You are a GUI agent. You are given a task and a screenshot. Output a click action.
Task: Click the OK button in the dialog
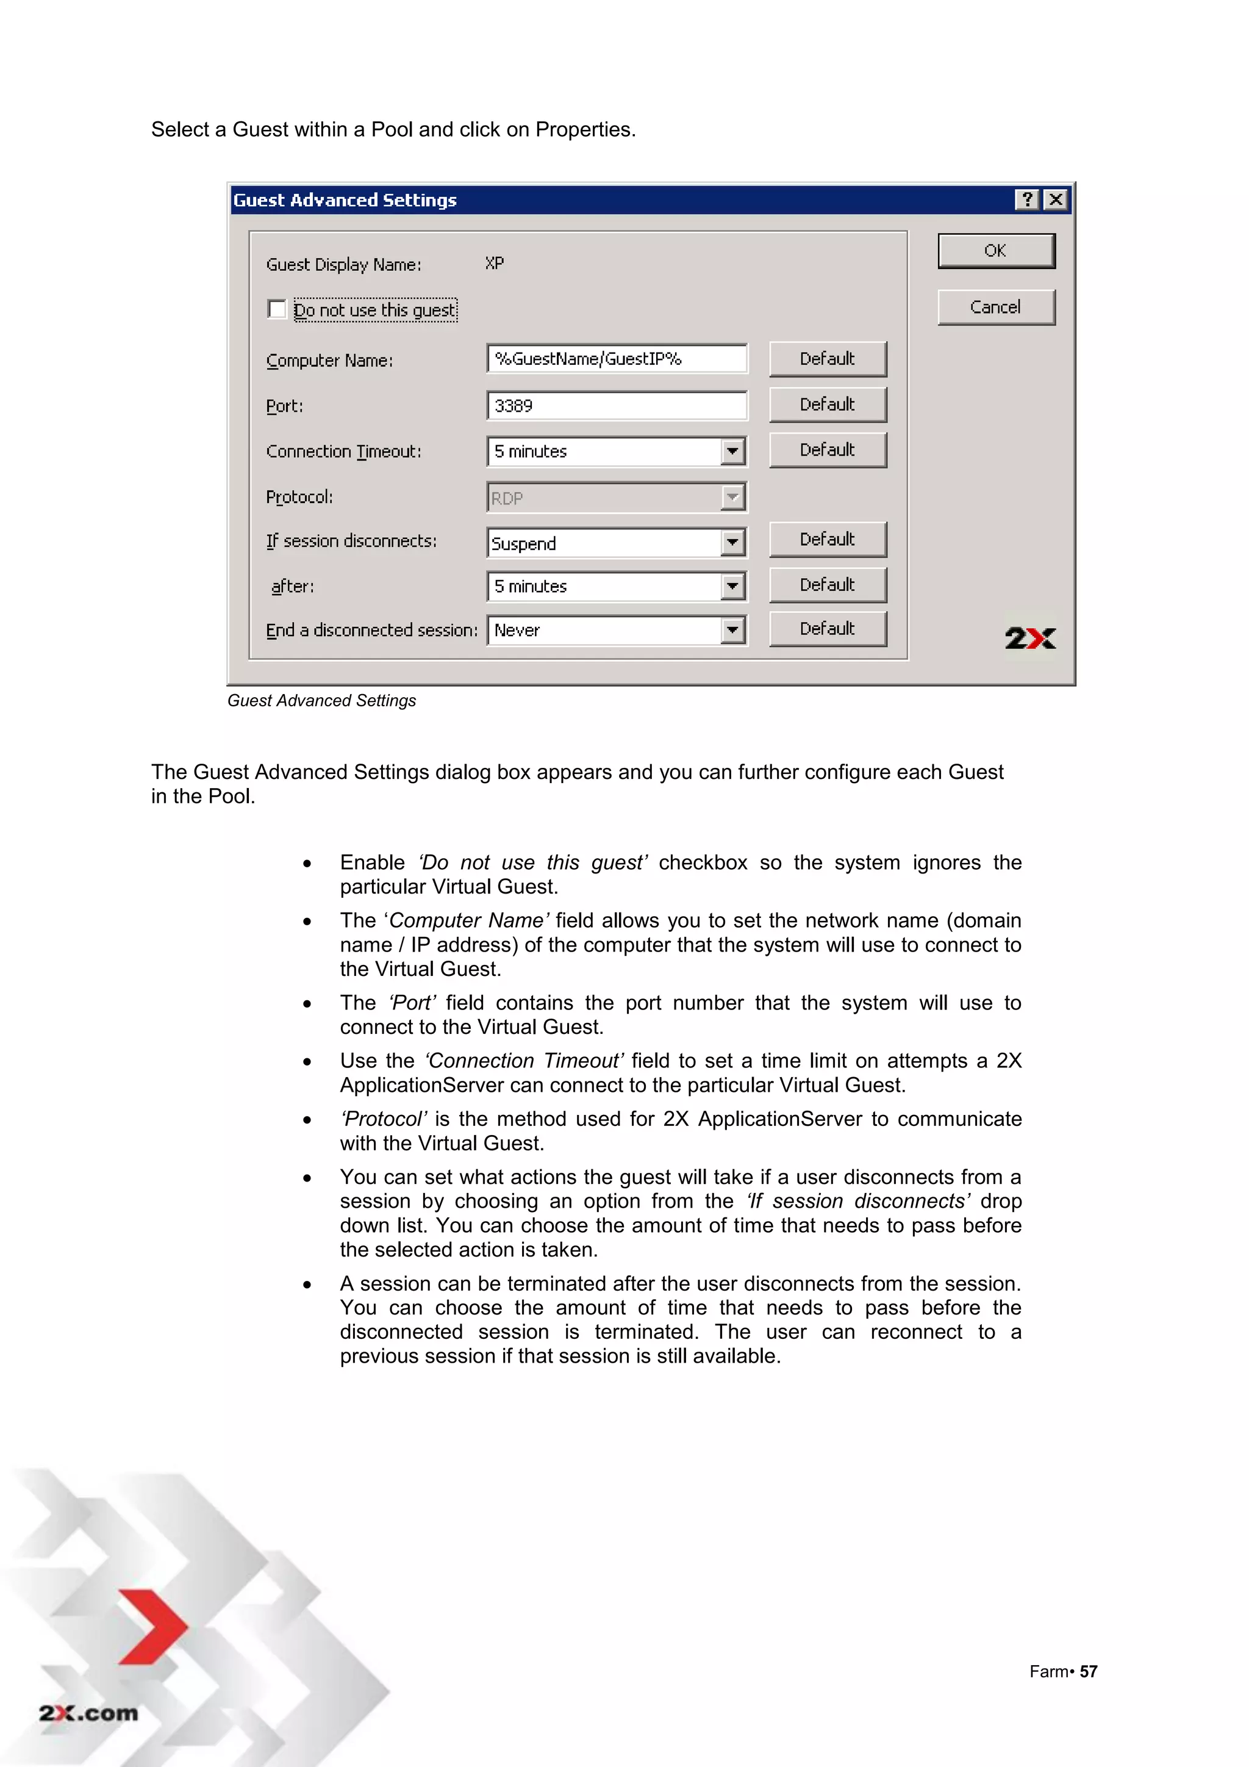tap(995, 251)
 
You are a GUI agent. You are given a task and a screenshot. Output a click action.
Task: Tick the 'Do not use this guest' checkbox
tap(277, 309)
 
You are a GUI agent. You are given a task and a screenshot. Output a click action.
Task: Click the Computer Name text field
tap(617, 359)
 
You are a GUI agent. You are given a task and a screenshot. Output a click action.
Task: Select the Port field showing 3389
tap(617, 406)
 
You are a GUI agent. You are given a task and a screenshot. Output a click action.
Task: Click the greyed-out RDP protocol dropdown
tap(617, 498)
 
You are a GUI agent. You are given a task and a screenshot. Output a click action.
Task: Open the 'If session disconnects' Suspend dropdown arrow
tap(732, 543)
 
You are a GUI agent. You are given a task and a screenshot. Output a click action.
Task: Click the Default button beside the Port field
tap(828, 405)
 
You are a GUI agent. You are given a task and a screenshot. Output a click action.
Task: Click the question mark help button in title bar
tap(1026, 200)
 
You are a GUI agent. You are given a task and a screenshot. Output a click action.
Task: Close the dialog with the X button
tap(1056, 200)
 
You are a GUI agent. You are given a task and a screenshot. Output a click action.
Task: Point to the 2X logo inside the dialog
tap(1029, 638)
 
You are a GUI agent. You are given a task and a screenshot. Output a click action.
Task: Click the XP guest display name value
tap(495, 263)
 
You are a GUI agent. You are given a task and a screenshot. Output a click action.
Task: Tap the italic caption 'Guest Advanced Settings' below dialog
tap(321, 700)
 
